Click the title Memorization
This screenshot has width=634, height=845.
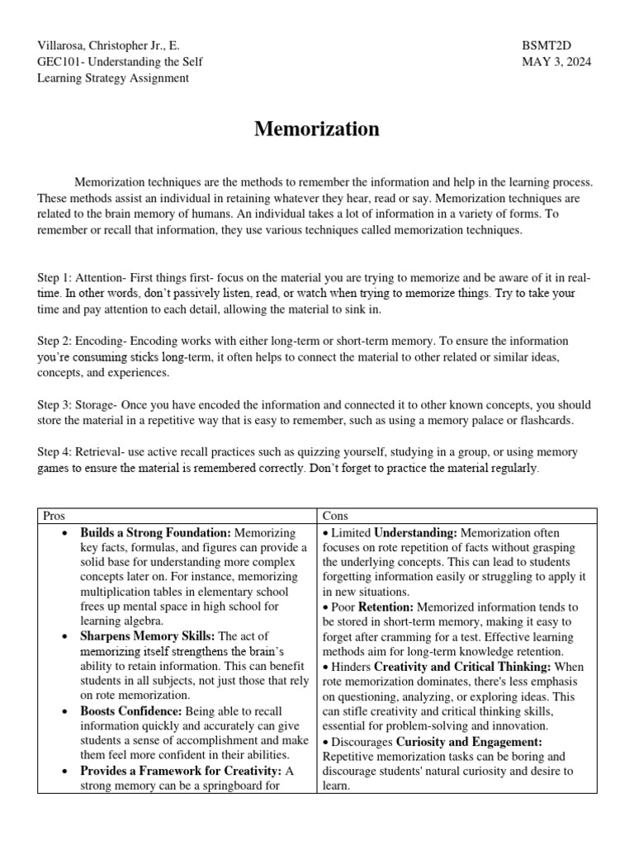(x=316, y=129)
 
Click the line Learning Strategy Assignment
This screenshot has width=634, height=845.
(x=113, y=78)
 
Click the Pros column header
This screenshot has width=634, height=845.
(x=54, y=515)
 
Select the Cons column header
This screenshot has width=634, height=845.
(x=336, y=515)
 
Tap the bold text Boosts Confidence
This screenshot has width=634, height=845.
(x=130, y=710)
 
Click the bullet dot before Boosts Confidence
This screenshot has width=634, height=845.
(x=64, y=710)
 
